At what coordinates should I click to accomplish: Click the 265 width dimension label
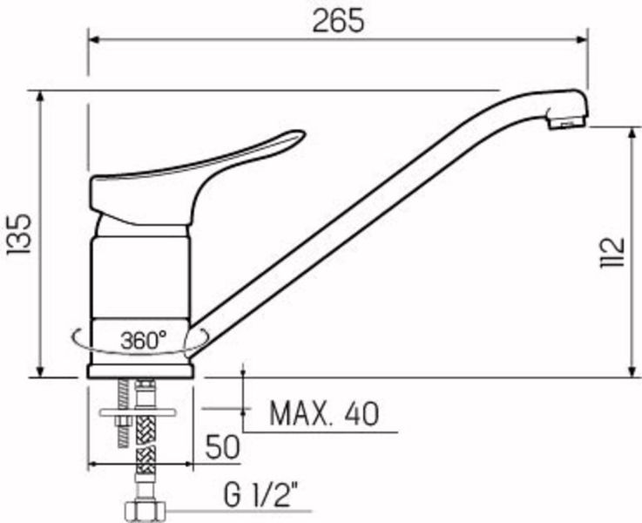tap(338, 21)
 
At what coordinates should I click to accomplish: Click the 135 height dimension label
tap(19, 234)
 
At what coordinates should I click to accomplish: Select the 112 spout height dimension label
tap(613, 252)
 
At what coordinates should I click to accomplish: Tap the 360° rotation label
tap(144, 340)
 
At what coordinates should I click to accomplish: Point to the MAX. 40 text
tap(324, 414)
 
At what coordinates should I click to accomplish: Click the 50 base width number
tap(222, 447)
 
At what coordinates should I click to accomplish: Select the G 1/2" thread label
tap(260, 494)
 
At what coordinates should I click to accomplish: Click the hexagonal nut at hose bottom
tap(145, 511)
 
